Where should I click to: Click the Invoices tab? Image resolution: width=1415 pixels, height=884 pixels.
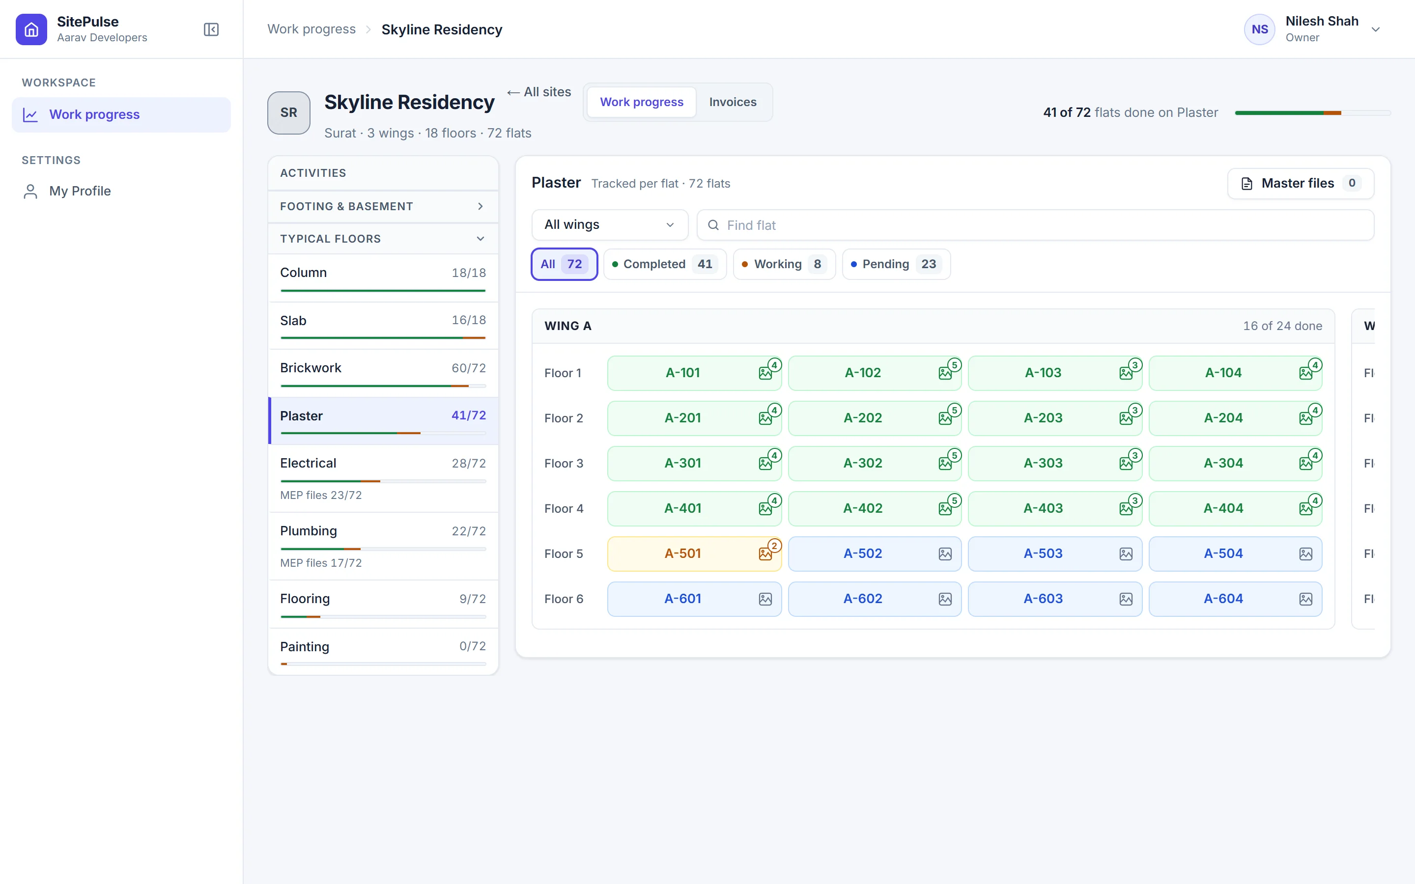point(733,102)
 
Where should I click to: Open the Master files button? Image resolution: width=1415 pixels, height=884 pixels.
point(1301,184)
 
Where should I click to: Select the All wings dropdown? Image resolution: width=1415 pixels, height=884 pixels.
point(610,225)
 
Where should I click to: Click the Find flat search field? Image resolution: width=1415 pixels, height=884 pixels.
point(1035,225)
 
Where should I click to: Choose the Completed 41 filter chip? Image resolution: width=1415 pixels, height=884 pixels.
point(665,264)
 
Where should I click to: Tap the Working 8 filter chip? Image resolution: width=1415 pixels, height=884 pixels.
point(784,264)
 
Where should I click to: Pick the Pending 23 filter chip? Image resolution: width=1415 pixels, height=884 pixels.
point(896,264)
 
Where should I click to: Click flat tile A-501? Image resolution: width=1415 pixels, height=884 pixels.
point(694,553)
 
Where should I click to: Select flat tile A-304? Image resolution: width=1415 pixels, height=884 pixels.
point(1235,463)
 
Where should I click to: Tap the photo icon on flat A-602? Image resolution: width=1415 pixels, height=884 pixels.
point(945,599)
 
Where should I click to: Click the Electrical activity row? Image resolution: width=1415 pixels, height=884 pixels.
point(383,478)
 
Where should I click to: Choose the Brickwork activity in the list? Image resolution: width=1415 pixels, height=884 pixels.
point(383,374)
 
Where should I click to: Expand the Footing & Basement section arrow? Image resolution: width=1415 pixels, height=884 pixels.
point(480,206)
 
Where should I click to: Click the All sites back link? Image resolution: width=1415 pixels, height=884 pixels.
point(539,92)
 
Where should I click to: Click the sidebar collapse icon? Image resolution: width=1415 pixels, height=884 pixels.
point(211,29)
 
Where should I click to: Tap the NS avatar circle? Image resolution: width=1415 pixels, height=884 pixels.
point(1259,29)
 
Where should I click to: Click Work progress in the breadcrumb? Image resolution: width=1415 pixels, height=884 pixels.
point(311,29)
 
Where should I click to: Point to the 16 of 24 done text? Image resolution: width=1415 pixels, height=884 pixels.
point(1282,326)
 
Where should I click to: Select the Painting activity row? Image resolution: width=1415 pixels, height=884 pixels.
point(383,652)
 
